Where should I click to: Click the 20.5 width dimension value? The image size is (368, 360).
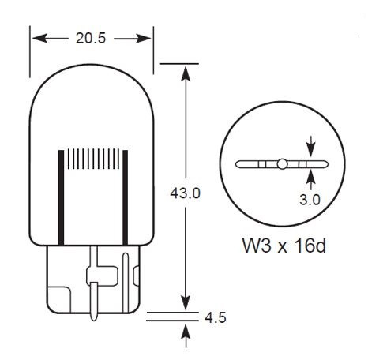tap(91, 38)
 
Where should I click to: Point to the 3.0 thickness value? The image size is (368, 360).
tap(310, 200)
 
